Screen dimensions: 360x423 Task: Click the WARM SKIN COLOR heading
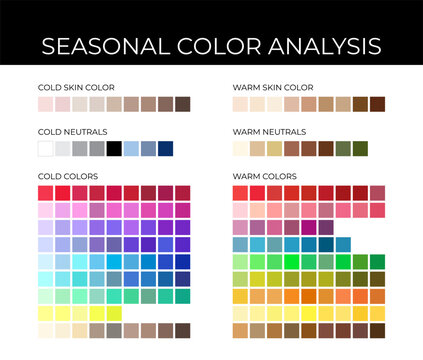pos(272,87)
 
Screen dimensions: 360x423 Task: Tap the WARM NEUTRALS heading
pos(267,131)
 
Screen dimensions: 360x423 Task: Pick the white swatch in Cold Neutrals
pos(45,148)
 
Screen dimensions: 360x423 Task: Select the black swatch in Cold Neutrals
pos(114,148)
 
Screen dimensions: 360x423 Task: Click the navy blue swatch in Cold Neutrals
pos(165,148)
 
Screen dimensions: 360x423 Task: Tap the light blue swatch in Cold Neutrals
pos(131,148)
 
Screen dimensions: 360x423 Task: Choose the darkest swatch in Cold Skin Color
pos(182,104)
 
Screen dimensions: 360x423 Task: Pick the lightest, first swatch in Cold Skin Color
pos(45,104)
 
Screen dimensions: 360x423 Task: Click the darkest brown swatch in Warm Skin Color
pos(377,104)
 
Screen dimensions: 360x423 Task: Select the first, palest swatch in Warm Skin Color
pos(240,104)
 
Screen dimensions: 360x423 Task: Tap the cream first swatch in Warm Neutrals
pos(240,148)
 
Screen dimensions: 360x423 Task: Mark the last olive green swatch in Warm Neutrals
pos(360,148)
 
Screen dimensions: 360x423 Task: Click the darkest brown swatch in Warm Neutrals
pos(325,148)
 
